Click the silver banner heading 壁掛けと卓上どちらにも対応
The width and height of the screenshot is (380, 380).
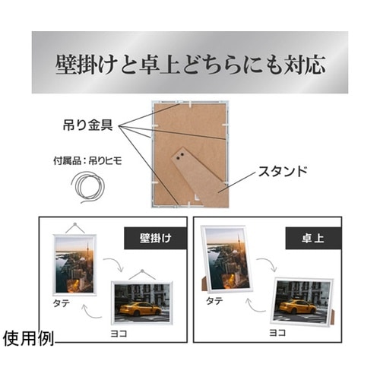[190, 62]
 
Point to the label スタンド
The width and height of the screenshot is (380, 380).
[282, 172]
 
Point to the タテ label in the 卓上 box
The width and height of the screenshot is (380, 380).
[216, 302]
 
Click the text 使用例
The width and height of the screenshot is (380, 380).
[28, 337]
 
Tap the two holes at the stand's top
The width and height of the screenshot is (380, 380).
[181, 157]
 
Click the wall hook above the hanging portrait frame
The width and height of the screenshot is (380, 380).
[75, 222]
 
